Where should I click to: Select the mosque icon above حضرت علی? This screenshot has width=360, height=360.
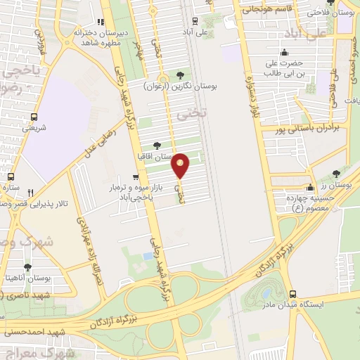284,52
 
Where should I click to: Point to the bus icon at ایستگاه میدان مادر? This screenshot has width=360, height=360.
292,294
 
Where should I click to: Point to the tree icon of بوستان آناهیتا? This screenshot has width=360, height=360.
27,267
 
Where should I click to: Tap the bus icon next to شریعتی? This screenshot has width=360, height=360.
34,117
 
